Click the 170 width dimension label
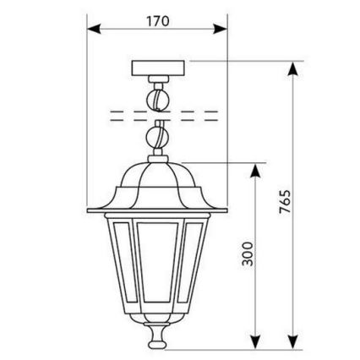click(158, 21)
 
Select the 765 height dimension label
click(285, 202)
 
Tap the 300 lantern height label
click(248, 254)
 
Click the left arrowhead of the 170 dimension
click(94, 29)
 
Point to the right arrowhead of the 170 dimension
click(221, 29)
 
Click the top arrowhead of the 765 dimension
click(293, 68)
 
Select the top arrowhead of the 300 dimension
click(255, 171)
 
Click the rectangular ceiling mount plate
click(158, 68)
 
